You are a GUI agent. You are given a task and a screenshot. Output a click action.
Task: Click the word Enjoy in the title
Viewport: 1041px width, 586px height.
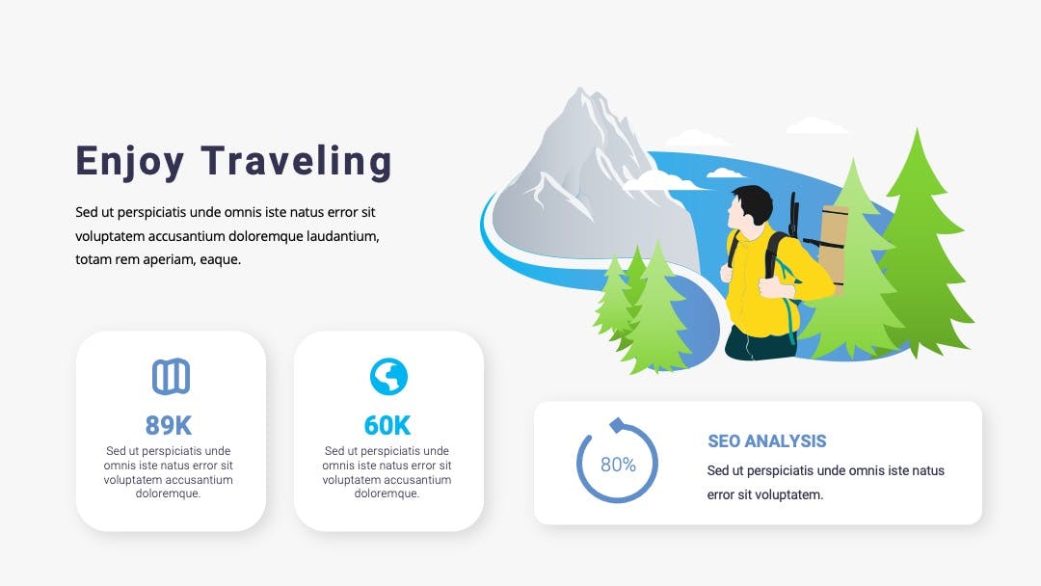pyautogui.click(x=129, y=163)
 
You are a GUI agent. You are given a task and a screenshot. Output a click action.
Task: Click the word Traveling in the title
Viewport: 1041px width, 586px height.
pyautogui.click(x=296, y=161)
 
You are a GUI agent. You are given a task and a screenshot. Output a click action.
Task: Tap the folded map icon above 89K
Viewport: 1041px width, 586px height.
pyautogui.click(x=172, y=377)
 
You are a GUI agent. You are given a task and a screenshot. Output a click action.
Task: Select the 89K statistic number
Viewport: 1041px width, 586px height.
pyautogui.click(x=168, y=425)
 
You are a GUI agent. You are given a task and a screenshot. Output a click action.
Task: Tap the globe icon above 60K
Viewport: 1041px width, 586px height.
pyautogui.click(x=388, y=377)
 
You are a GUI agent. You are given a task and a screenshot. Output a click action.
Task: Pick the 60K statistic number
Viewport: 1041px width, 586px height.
pyautogui.click(x=387, y=425)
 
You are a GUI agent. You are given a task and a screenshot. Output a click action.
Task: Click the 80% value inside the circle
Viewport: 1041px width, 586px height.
pyautogui.click(x=618, y=465)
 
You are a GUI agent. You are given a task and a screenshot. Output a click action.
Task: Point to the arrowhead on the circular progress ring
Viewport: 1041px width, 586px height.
pyautogui.click(x=618, y=425)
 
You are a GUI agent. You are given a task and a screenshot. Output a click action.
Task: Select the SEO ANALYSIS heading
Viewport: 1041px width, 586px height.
pyautogui.click(x=767, y=441)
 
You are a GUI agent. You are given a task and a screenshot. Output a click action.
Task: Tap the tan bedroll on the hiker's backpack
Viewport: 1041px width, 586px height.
pyautogui.click(x=833, y=249)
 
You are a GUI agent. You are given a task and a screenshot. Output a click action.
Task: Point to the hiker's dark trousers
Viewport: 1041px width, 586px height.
pyautogui.click(x=757, y=343)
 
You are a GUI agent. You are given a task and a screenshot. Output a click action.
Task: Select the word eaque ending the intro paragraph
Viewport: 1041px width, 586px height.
pyautogui.click(x=220, y=260)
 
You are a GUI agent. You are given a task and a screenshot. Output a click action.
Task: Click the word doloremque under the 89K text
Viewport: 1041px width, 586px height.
pyautogui.click(x=168, y=493)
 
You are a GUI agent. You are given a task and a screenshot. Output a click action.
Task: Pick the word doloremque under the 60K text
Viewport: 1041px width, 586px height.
pyautogui.click(x=387, y=493)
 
